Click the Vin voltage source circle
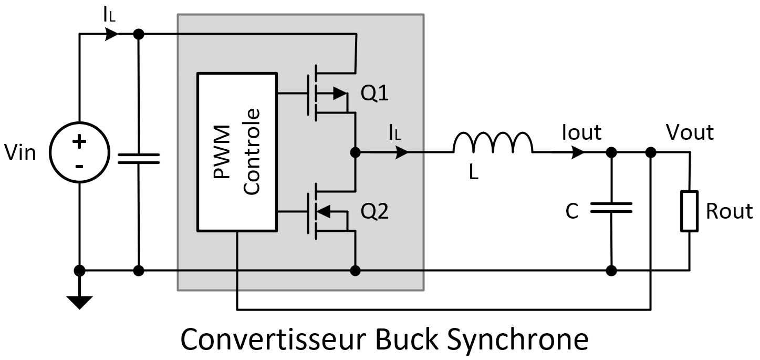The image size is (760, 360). coord(79,153)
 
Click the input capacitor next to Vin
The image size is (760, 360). coord(139,159)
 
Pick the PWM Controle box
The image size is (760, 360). coord(237,152)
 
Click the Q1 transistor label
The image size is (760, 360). coord(374,94)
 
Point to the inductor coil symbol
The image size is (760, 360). coord(493,143)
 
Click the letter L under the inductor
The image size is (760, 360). coord(474,173)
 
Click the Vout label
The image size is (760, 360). coord(690,132)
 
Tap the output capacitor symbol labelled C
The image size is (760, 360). coord(611,209)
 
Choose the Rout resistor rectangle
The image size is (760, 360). coord(690,211)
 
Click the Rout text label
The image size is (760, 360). coord(729,211)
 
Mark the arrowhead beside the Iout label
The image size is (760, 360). coord(578,152)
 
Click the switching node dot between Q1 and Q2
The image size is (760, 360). coord(356,152)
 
